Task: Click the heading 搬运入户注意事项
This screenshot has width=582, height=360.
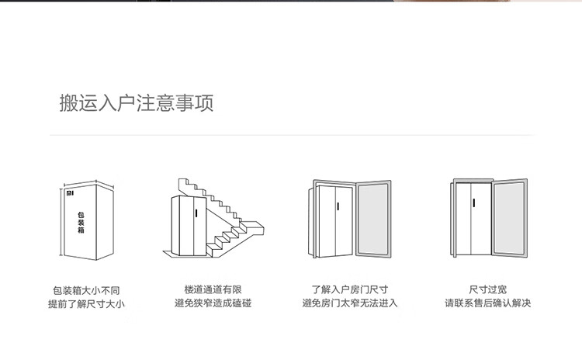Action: [137, 103]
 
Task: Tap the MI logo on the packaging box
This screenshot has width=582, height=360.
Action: [70, 193]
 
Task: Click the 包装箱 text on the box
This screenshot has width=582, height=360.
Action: [81, 223]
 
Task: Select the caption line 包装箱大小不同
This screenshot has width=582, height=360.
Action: [86, 291]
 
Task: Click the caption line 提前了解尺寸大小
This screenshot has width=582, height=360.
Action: [86, 304]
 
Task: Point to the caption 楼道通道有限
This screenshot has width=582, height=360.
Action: [213, 289]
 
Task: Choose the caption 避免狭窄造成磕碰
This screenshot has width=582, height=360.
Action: [213, 303]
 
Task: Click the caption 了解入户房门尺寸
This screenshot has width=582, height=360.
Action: [350, 289]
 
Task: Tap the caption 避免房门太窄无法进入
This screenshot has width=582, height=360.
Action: [350, 303]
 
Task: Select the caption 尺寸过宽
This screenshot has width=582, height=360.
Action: [488, 289]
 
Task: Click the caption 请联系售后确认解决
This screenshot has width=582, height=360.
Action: [488, 303]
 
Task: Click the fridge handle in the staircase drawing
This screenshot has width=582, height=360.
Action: [196, 213]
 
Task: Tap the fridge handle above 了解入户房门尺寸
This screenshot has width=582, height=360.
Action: [338, 206]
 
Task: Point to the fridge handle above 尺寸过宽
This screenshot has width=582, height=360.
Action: [473, 203]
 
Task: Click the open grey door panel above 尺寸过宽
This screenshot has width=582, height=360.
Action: [510, 218]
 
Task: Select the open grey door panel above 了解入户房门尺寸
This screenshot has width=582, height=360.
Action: [373, 219]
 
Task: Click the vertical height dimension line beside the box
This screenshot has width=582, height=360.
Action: [61, 223]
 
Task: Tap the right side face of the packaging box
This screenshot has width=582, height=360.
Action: [105, 222]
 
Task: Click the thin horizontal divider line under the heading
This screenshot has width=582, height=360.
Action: [291, 136]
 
